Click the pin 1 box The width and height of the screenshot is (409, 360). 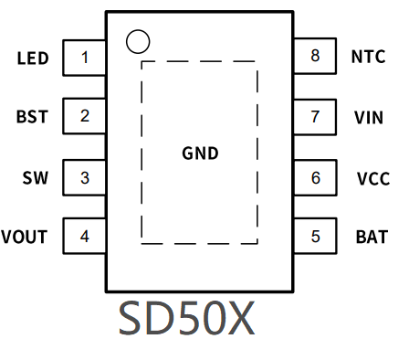click(84, 58)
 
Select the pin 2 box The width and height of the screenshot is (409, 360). click(84, 117)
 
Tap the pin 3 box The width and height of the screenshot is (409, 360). click(84, 177)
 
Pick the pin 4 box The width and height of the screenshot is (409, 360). click(84, 237)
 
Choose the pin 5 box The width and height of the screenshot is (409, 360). click(316, 237)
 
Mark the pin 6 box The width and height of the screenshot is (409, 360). click(316, 177)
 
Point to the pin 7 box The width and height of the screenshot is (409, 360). click(316, 117)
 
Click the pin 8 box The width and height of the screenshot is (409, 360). click(316, 57)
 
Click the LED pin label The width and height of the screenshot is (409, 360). click(32, 58)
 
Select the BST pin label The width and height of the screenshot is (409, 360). click(32, 118)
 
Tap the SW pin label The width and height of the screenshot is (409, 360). click(35, 177)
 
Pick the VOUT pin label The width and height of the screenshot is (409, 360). click(25, 238)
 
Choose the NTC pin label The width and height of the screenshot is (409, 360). click(369, 57)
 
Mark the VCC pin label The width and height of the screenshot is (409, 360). click(373, 178)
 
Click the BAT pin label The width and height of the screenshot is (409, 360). click(372, 238)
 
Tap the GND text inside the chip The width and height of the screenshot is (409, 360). click(200, 154)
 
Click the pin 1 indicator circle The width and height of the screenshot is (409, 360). click(136, 40)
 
